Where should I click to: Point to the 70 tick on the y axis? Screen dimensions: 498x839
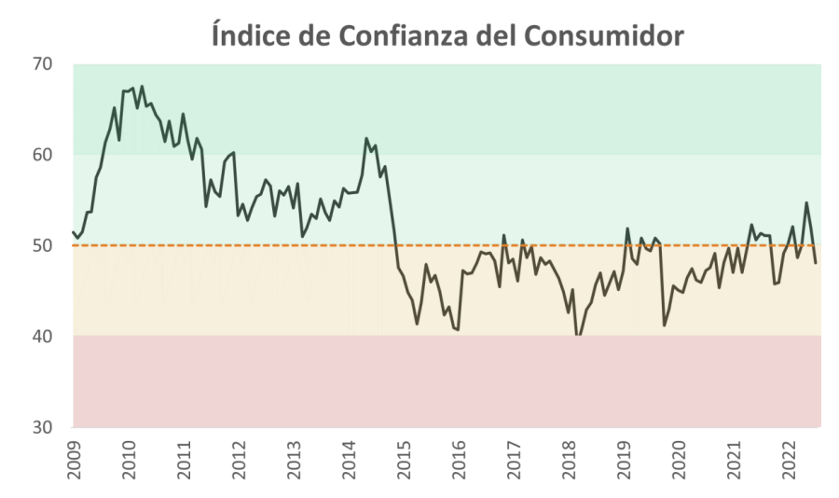point(42,64)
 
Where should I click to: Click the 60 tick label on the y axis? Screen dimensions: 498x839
point(42,155)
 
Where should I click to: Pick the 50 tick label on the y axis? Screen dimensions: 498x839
point(42,245)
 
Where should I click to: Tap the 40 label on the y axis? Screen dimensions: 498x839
point(42,336)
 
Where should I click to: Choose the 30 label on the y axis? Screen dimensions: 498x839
point(42,426)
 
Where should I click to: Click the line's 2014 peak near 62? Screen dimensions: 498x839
point(365,138)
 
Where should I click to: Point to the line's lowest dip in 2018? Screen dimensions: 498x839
point(577,336)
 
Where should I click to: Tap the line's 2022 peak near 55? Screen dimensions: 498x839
point(806,202)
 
